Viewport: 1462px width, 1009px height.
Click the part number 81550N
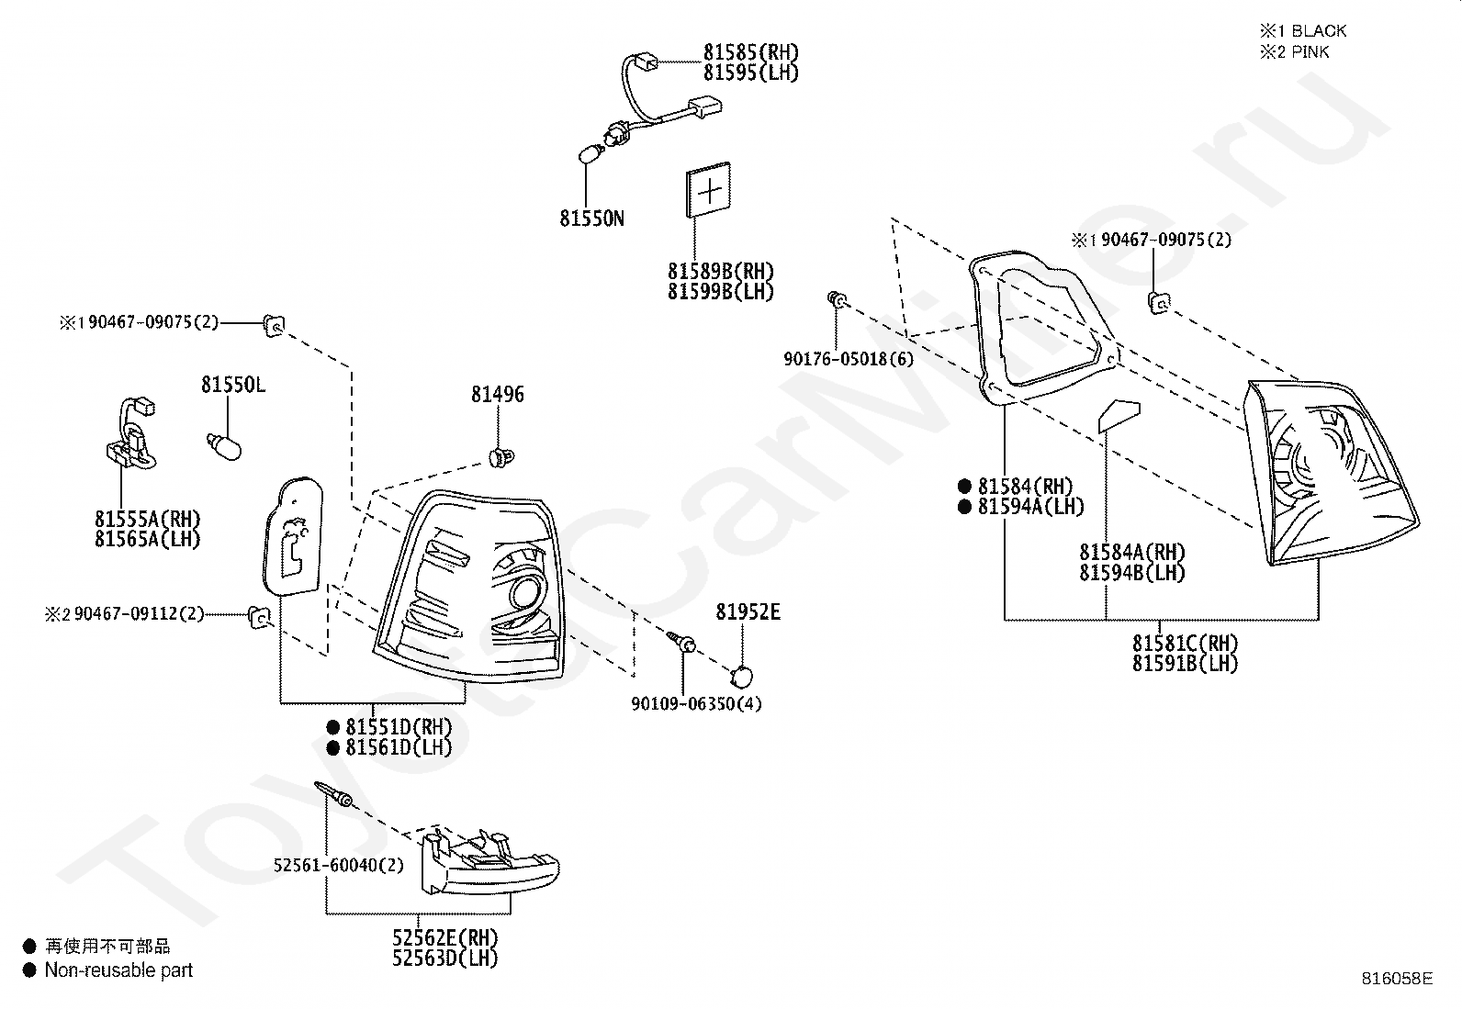pos(591,218)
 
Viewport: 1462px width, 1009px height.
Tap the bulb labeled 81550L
pos(224,446)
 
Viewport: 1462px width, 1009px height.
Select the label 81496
pos(498,394)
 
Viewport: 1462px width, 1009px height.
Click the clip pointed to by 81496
pos(501,456)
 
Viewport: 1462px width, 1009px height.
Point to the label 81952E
pos(748,611)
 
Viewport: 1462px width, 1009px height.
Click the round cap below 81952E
pos(741,677)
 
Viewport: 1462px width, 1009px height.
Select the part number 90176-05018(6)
pos(849,358)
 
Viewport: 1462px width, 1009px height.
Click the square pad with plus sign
pos(708,190)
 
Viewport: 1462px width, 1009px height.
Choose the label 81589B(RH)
pos(721,271)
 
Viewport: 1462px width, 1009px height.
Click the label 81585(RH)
pos(750,51)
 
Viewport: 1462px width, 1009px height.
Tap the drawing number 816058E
pos(1397,979)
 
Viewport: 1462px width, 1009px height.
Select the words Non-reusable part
pos(118,970)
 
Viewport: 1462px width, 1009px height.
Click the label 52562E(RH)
pos(445,938)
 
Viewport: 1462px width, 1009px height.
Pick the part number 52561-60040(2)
pos(338,865)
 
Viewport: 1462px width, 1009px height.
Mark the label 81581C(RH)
pos(1186,643)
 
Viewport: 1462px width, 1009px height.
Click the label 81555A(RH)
pos(148,519)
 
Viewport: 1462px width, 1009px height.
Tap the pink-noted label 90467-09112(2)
pos(139,613)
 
